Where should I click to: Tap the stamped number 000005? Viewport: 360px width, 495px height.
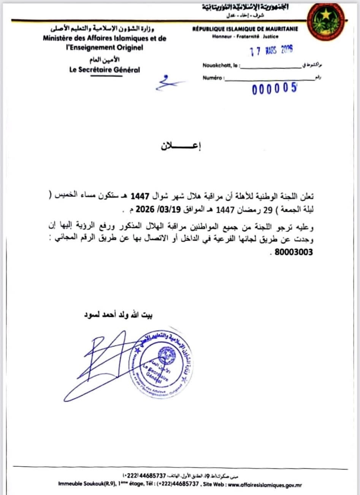pos(274,89)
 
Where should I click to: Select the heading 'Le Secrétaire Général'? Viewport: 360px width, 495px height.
pos(105,70)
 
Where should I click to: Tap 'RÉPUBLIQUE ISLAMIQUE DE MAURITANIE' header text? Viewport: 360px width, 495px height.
pos(245,29)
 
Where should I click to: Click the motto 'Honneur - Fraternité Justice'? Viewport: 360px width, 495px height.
pos(245,36)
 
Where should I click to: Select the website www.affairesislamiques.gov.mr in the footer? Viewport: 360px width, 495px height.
pos(265,485)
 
